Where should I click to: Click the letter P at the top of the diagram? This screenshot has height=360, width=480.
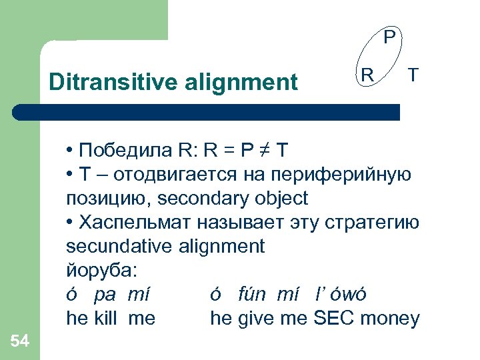(x=391, y=35)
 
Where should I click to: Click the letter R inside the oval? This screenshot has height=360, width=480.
(x=367, y=75)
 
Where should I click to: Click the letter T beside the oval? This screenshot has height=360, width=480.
(x=413, y=75)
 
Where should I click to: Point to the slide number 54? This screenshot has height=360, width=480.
(x=20, y=341)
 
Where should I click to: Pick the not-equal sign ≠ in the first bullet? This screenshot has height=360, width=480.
(x=265, y=148)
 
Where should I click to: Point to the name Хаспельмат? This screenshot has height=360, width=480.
(x=132, y=223)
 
